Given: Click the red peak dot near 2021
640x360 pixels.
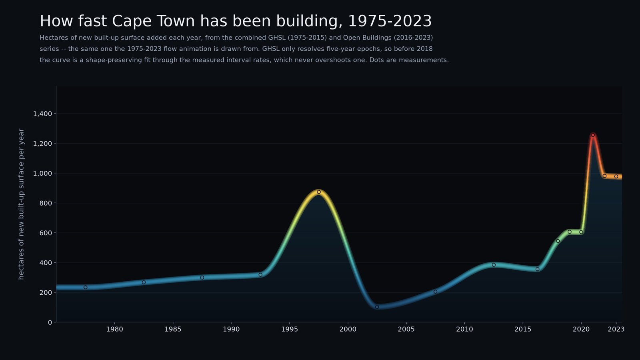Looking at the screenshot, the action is coord(593,135).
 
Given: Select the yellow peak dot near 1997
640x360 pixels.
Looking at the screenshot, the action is coord(319,192).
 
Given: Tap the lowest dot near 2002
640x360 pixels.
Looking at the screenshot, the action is coord(377,307).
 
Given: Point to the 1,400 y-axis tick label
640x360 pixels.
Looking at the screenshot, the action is coord(42,114).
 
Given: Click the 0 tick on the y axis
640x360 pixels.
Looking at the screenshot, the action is coord(50,322).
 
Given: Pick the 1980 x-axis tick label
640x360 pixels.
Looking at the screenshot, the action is coord(114,330).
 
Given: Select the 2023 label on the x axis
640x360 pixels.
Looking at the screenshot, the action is coord(616,330).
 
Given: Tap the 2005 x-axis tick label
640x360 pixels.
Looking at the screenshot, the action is coord(406,330).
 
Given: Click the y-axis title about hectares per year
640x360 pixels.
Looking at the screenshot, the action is coord(21,204).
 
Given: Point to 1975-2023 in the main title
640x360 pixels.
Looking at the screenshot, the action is coord(390,21).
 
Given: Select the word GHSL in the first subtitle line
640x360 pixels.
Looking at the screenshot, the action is coord(277,38).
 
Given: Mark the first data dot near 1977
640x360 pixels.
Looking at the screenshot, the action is coord(86,288).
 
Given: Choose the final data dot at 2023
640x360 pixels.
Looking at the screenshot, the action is coord(616,176).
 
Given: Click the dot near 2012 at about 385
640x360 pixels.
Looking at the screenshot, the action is coord(494,265).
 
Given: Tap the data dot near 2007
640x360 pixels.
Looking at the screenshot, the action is coord(436,292).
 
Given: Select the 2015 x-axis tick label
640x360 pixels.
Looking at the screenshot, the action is coord(523,330).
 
